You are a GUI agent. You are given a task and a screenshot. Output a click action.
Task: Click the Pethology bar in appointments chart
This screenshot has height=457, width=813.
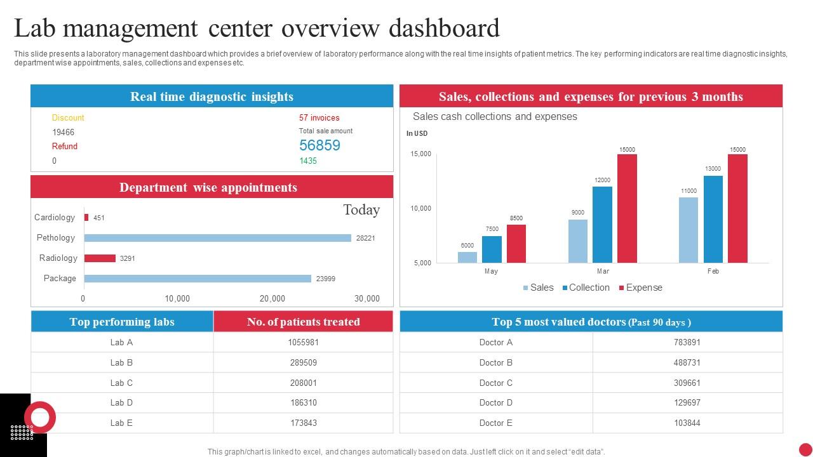[217, 238]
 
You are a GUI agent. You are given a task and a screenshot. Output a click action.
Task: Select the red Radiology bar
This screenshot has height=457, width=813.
[100, 258]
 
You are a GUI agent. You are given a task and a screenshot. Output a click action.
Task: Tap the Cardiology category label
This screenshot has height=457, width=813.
[55, 217]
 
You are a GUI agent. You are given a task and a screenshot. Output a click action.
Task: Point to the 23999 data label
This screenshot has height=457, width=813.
[325, 279]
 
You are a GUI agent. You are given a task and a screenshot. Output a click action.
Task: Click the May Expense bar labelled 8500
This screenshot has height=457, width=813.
[516, 244]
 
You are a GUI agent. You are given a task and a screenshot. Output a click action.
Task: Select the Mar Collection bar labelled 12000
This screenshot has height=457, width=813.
[602, 224]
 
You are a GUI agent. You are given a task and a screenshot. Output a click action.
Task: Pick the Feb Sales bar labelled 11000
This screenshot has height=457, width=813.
[689, 230]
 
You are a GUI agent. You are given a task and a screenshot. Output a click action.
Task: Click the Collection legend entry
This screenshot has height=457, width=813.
[586, 288]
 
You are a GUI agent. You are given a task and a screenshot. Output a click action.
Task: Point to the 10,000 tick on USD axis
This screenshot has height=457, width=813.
[420, 208]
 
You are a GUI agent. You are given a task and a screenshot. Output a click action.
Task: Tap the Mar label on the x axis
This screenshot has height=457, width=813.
[603, 271]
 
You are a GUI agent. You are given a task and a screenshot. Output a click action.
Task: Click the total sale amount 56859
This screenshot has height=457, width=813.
[319, 145]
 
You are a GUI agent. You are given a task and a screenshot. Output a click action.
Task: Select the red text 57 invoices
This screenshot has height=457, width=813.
[319, 117]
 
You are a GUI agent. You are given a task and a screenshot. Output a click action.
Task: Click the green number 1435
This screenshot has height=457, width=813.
[307, 161]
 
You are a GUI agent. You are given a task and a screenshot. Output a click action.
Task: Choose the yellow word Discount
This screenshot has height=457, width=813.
[67, 117]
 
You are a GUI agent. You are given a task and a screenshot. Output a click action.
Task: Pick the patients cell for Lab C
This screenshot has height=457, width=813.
[303, 383]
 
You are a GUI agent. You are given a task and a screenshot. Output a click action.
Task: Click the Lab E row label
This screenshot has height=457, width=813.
[121, 423]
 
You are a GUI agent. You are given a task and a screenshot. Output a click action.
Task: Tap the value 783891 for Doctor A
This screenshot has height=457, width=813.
[687, 342]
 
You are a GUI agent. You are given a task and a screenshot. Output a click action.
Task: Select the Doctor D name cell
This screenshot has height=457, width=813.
[495, 402]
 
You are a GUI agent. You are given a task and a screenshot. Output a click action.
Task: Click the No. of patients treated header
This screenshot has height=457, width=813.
[303, 322]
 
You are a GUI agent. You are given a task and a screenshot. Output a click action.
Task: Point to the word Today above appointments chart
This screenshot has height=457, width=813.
[361, 209]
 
